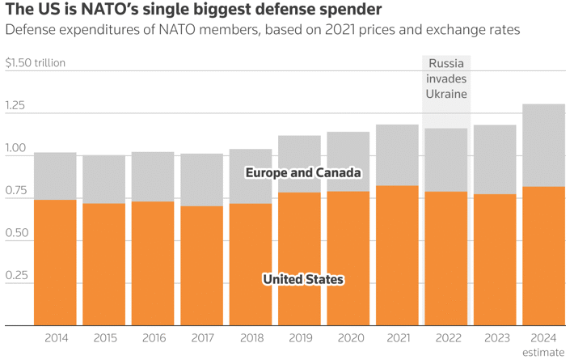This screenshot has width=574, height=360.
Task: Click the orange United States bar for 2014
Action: [55, 263]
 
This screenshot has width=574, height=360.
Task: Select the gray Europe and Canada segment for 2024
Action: [543, 146]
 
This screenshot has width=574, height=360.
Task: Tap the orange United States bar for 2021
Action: [397, 256]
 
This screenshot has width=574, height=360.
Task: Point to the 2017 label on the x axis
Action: [201, 338]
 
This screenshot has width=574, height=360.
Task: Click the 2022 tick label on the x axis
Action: [445, 338]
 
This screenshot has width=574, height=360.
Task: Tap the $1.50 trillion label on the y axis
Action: [35, 63]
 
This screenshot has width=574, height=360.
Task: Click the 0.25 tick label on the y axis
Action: [17, 276]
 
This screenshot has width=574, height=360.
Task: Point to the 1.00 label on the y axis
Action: [17, 149]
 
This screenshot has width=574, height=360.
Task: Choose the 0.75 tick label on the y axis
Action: [17, 191]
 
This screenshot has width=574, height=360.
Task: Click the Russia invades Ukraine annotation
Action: [446, 78]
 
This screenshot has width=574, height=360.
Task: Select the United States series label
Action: [303, 280]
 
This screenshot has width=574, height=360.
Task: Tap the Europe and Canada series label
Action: [303, 173]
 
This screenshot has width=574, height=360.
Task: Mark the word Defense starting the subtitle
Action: [31, 31]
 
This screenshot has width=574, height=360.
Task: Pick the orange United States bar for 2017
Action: [201, 266]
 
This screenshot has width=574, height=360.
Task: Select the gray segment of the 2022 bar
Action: [445, 160]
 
